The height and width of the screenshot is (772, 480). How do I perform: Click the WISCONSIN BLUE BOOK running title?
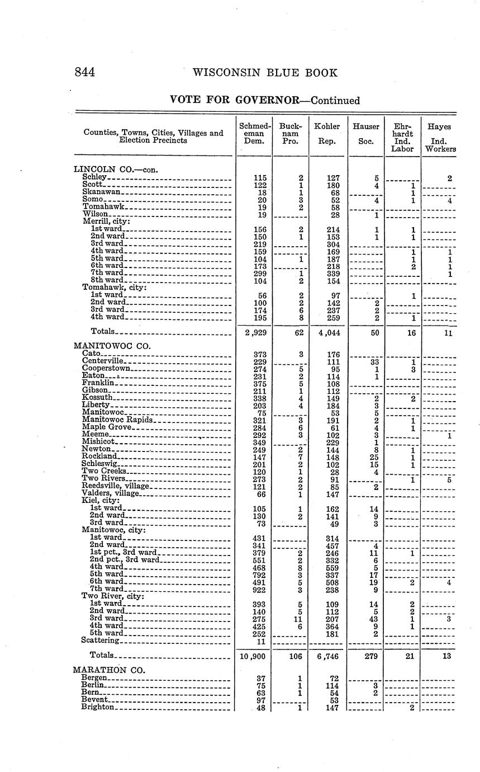pos(264,73)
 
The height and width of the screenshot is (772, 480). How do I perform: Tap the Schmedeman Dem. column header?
pos(254,134)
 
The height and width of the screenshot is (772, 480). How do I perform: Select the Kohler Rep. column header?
pos(327,134)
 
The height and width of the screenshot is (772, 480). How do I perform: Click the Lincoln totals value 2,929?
pos(254,332)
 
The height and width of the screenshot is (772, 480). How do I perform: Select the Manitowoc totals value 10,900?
pos(254,656)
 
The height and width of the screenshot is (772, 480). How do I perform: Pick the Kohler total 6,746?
pos(328,656)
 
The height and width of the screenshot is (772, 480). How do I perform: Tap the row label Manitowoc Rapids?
pos(117,420)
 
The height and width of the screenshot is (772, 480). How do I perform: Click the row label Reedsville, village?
pos(115,486)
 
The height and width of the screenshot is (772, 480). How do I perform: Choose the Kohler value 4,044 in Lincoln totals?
pos(328,332)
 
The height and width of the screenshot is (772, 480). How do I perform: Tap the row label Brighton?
pos(98,707)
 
